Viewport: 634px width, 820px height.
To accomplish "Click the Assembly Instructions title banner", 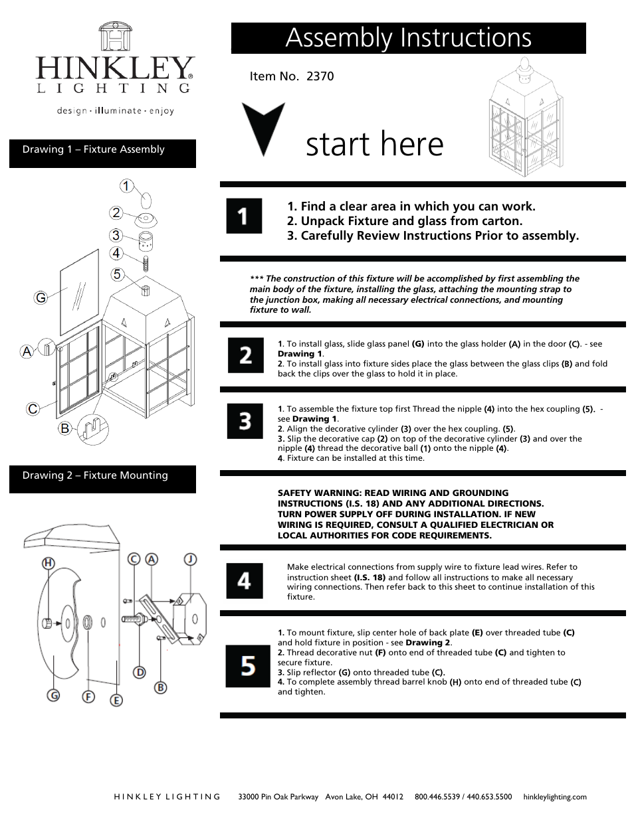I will click(408, 39).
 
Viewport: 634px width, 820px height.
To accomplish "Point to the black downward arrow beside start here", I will click(263, 128).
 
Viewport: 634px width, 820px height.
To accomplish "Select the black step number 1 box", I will click(244, 216).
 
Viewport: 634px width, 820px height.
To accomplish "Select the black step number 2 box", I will click(245, 355).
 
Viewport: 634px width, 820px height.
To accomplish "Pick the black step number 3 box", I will click(245, 421).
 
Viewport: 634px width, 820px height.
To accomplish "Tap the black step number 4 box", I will click(245, 581).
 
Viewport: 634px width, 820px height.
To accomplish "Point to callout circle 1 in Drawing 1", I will click(126, 186).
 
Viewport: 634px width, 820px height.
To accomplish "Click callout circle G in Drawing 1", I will click(41, 298).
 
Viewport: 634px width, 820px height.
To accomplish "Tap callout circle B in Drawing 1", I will click(64, 428).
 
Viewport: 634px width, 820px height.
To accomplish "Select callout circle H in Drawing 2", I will click(48, 564).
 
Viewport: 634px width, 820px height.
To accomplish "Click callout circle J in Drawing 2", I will click(190, 560).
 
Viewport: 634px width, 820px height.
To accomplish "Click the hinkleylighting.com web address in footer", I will click(555, 797).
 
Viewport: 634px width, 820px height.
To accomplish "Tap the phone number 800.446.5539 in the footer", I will click(437, 797).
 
